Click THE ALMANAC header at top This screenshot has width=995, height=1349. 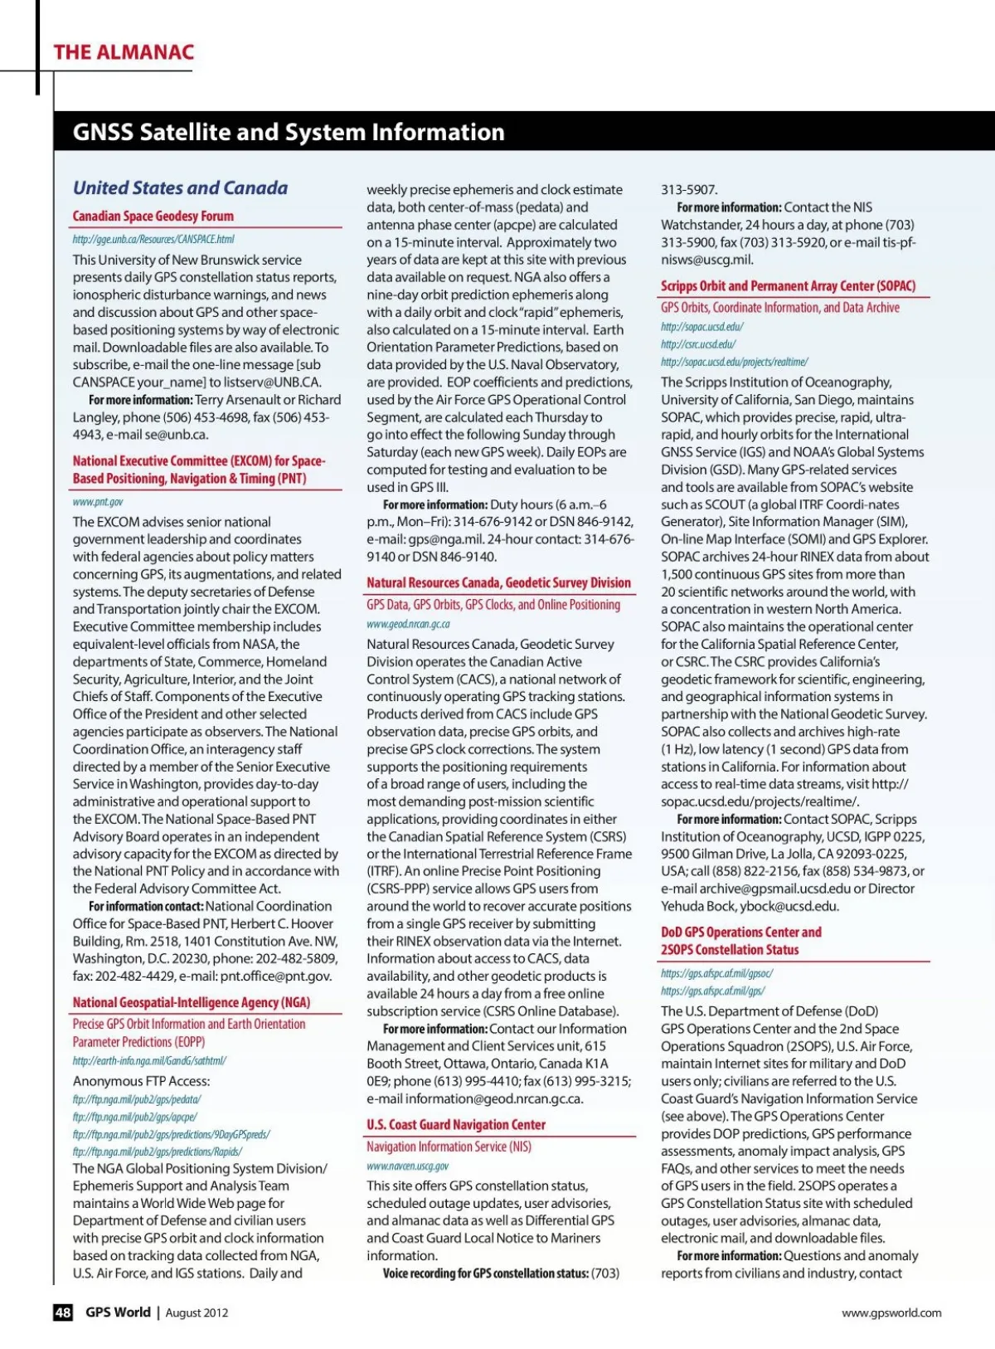tap(124, 52)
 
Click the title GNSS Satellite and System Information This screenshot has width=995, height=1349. tap(289, 132)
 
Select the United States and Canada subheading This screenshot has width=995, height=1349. tap(180, 188)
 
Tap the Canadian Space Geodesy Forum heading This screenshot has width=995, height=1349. tap(153, 217)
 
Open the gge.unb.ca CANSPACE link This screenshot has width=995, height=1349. tap(153, 240)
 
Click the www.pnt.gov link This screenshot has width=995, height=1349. tap(98, 502)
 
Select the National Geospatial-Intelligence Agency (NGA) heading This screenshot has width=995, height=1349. tap(192, 1002)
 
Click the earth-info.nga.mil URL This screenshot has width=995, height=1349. tap(149, 1060)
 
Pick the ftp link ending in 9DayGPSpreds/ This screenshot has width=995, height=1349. tap(171, 1134)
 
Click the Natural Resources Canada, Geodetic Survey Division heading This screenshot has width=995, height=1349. tap(498, 583)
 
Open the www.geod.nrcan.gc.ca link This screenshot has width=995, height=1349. tap(408, 624)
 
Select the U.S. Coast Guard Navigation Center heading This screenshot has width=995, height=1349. tap(456, 1125)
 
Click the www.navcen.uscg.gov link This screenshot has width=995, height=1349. tap(407, 1166)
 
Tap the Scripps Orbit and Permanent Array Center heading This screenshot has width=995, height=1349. tap(788, 286)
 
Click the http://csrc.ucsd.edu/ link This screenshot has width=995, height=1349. tap(698, 344)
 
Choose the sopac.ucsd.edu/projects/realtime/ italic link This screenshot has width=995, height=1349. tap(734, 362)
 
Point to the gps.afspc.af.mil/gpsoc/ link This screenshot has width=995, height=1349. tap(716, 973)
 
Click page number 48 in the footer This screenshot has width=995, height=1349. tap(63, 1312)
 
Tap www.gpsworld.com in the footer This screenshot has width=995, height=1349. tap(891, 1312)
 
